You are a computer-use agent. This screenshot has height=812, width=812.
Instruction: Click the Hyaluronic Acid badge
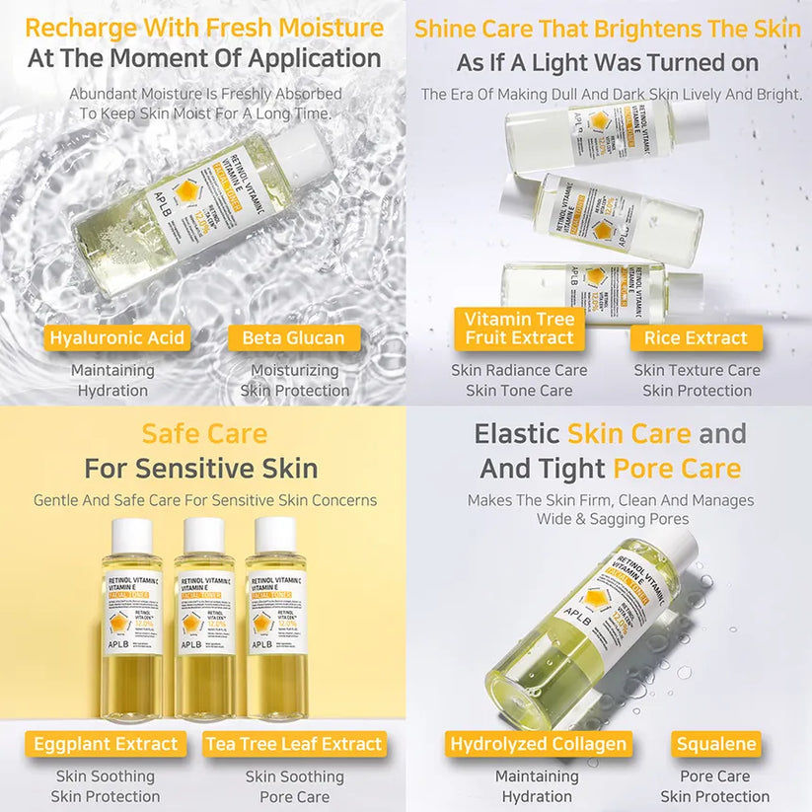116,338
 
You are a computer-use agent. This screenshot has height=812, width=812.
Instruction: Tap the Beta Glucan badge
293,338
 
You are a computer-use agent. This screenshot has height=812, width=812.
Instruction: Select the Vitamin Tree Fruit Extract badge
519,329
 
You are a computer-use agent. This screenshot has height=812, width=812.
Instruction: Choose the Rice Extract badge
696,338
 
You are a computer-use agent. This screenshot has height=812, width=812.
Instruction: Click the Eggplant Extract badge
106,744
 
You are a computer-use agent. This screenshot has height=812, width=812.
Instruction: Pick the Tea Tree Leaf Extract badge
294,744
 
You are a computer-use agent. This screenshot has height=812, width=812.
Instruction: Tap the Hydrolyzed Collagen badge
538,744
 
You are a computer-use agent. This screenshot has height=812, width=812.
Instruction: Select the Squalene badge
716,744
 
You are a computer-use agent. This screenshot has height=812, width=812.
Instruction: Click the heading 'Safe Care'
203,433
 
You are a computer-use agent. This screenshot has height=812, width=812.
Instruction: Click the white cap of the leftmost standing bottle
132,536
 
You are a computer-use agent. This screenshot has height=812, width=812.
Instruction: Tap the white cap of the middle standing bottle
204,536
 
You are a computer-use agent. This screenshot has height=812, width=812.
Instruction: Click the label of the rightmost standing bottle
276,612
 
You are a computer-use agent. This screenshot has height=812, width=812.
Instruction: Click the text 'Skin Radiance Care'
519,371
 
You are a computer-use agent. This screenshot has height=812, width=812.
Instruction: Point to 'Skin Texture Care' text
697,371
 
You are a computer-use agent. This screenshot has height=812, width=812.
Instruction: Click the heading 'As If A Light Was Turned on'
608,63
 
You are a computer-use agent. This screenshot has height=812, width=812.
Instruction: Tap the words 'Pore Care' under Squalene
715,776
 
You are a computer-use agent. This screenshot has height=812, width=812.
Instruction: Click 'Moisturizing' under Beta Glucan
294,371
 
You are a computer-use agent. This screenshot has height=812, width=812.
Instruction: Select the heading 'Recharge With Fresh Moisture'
204,27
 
